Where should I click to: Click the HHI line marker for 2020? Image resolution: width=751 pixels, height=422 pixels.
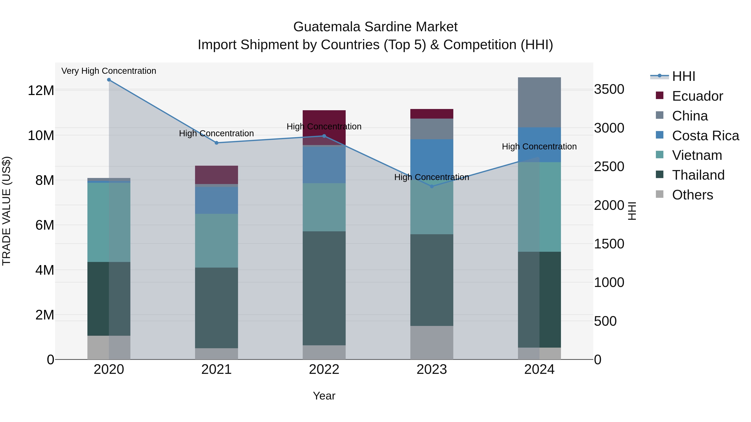tap(109, 80)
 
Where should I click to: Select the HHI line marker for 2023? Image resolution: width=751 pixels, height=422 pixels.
tap(432, 186)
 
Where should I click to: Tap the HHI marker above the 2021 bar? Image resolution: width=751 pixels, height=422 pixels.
tap(216, 143)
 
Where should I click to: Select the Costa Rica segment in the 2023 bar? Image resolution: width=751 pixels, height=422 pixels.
tap(432, 159)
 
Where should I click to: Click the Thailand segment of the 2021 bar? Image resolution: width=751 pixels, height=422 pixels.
tap(216, 308)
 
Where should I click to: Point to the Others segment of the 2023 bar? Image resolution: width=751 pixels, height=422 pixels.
tap(432, 342)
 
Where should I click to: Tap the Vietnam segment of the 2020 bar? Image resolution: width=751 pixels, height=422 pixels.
tap(109, 222)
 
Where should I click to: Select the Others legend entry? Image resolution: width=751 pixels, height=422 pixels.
tap(692, 195)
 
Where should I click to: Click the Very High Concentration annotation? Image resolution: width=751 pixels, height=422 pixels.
tap(109, 71)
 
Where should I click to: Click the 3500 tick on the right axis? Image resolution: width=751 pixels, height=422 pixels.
tap(609, 89)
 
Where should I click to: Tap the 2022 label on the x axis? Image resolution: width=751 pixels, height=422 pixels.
tap(324, 369)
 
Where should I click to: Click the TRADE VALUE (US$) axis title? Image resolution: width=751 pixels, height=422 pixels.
tap(6, 211)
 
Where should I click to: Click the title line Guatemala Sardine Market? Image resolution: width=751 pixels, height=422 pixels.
tap(375, 27)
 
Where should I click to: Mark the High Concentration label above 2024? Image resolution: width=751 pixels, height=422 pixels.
tap(539, 147)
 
